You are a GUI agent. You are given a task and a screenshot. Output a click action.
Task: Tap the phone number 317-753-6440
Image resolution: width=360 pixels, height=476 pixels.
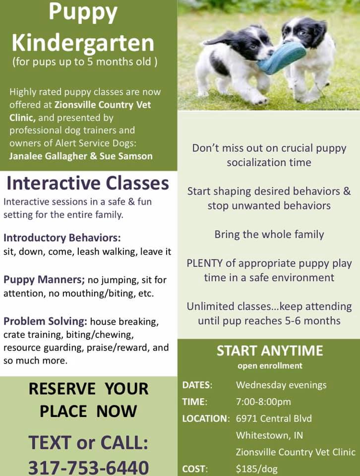point(88,468)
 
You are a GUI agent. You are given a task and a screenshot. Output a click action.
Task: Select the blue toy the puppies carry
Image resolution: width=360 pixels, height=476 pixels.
point(281,58)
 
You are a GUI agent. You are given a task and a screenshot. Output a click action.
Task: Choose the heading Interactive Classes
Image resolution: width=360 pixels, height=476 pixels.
point(88,183)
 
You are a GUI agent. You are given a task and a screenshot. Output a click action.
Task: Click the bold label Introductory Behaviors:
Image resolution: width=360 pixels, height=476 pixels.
point(62,238)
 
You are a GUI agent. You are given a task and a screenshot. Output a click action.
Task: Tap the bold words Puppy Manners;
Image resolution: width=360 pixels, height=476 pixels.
point(44,280)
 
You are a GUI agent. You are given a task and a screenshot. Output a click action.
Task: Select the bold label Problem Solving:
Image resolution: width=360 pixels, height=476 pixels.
point(45,321)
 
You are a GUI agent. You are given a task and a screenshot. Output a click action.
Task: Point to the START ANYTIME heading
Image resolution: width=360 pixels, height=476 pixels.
point(270,351)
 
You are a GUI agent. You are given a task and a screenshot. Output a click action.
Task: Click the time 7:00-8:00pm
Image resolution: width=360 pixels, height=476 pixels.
point(263,402)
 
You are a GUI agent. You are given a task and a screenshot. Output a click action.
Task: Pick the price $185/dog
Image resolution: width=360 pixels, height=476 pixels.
point(257,469)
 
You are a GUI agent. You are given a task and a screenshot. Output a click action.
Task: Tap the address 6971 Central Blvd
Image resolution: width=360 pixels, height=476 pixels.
point(274,418)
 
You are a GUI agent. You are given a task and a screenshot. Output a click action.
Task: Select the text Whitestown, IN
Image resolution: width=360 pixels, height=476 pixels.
point(270,435)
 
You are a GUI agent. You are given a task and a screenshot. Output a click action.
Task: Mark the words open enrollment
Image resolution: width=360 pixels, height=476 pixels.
point(270,365)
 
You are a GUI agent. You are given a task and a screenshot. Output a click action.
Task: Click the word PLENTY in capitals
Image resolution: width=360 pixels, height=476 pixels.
point(205,263)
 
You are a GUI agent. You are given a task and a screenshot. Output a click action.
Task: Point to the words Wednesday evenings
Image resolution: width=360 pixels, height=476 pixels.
point(281,385)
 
